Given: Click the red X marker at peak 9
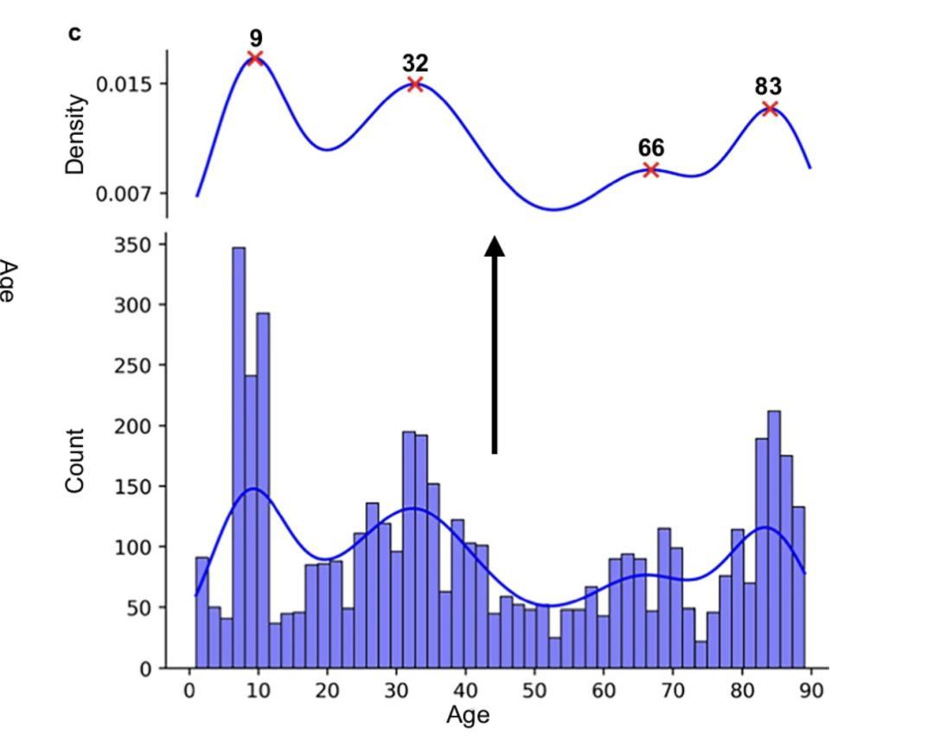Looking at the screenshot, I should (x=255, y=58).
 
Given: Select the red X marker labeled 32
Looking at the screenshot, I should (x=415, y=84).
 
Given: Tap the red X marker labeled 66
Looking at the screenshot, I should (x=651, y=170).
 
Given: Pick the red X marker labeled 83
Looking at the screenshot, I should (x=770, y=108).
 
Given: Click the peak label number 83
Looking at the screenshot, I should (x=768, y=87).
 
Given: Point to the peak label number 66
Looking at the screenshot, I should (x=651, y=148).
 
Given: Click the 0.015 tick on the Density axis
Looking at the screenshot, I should (x=130, y=84).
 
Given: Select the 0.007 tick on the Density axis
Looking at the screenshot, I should (x=130, y=193).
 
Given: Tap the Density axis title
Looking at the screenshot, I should (x=76, y=134).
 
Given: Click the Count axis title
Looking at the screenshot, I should (x=76, y=461).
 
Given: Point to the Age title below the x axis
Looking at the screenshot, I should (x=468, y=716).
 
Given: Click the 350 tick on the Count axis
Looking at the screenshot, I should (x=134, y=245).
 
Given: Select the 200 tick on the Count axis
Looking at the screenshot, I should (x=134, y=426).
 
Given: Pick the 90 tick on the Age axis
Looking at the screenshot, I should (x=811, y=691).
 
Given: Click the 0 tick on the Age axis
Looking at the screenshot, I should (x=189, y=691).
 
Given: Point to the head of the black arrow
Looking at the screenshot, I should (x=495, y=247).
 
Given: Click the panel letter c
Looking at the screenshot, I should (x=74, y=34).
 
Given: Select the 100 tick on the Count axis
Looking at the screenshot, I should (x=134, y=547).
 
